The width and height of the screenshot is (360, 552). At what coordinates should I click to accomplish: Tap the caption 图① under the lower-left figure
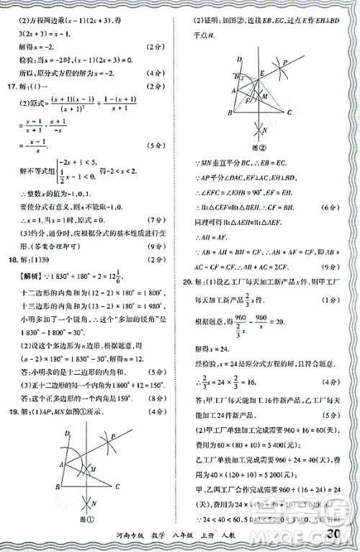pos(87,518)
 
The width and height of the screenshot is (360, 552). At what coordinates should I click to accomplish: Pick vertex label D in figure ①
pos(67,434)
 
